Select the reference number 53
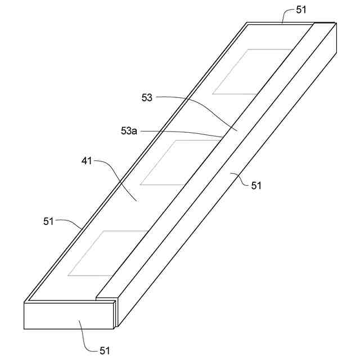(147, 97)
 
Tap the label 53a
(129, 130)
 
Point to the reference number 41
(86, 161)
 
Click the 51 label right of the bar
(256, 185)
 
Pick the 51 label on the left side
(49, 221)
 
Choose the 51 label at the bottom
(105, 350)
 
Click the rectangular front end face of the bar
(67, 316)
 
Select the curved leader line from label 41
(115, 174)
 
